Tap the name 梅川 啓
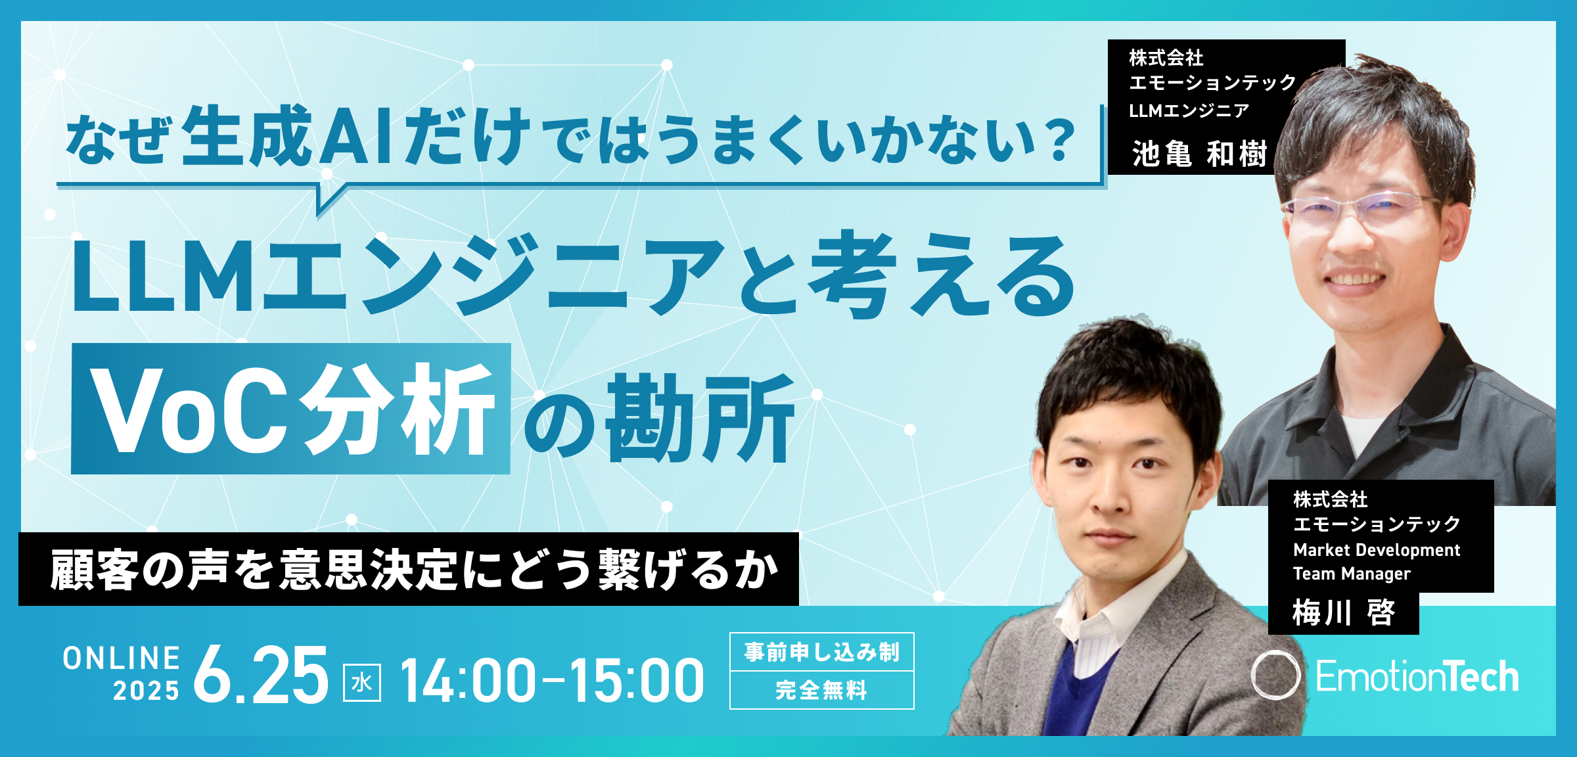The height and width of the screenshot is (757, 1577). [1343, 612]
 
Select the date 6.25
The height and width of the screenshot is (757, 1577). [261, 675]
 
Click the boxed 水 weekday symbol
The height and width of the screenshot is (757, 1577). [362, 683]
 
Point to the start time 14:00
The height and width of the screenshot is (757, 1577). [468, 681]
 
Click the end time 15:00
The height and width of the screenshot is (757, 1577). [637, 681]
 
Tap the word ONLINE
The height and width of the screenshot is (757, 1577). [122, 658]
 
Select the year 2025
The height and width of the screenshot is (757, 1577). [146, 691]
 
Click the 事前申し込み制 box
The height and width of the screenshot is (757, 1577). [822, 652]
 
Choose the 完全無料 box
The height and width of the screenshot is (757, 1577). [822, 690]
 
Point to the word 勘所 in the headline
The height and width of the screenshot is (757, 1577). [700, 418]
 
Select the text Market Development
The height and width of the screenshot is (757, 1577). [1377, 550]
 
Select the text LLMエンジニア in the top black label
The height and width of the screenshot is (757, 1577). [1189, 110]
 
